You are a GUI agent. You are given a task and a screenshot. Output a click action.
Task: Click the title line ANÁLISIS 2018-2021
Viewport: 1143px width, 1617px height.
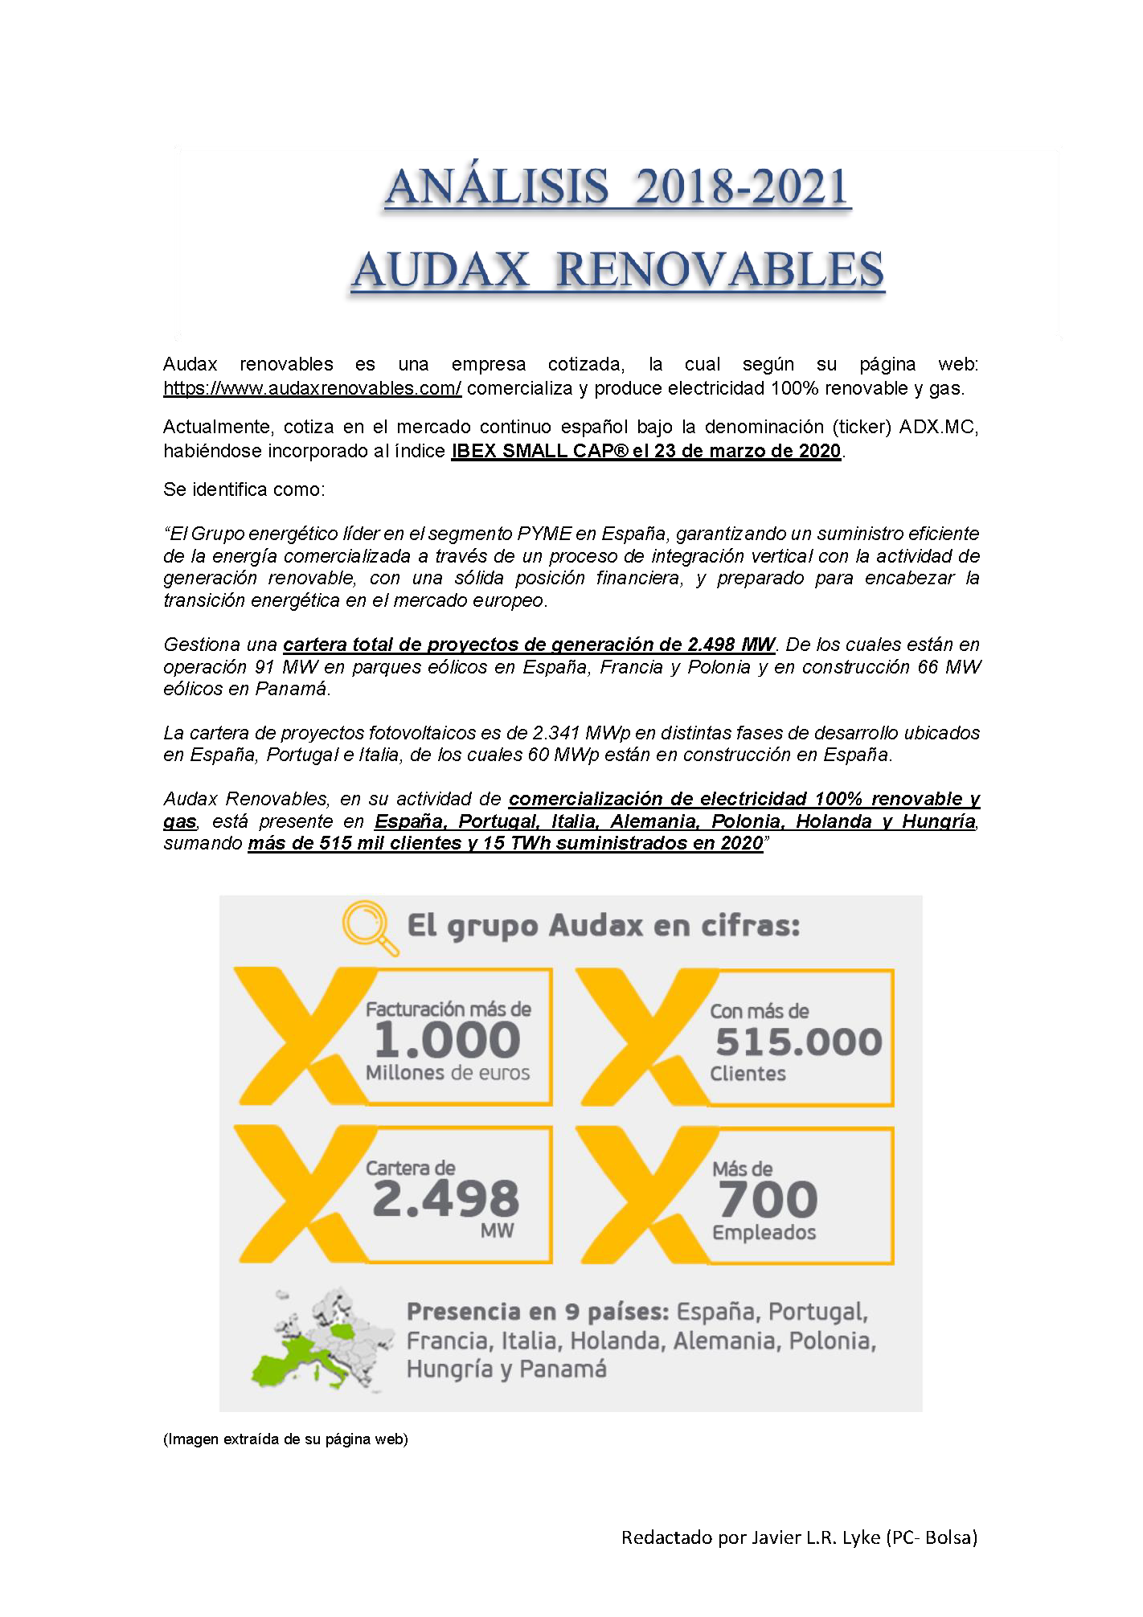pyautogui.click(x=617, y=186)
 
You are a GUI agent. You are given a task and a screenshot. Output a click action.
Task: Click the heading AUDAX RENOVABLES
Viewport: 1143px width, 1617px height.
pyautogui.click(x=617, y=269)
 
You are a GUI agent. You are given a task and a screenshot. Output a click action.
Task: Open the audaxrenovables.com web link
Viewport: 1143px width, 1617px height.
pyautogui.click(x=312, y=389)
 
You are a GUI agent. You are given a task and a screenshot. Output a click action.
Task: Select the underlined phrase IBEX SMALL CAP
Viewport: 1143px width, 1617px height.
pyautogui.click(x=539, y=452)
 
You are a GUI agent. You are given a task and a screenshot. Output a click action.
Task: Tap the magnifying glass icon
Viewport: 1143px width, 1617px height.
pyautogui.click(x=369, y=927)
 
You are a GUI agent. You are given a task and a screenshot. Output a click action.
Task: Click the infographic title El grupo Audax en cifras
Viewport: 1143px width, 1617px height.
pyautogui.click(x=604, y=926)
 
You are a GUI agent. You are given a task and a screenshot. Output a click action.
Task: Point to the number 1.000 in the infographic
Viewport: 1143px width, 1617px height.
pyautogui.click(x=448, y=1040)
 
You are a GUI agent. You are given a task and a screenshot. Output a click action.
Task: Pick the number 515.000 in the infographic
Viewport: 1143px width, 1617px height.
pyautogui.click(x=799, y=1042)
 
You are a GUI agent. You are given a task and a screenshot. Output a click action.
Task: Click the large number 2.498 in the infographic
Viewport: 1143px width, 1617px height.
pyautogui.click(x=446, y=1198)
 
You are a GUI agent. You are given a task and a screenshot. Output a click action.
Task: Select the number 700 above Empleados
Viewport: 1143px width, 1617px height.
pyautogui.click(x=768, y=1200)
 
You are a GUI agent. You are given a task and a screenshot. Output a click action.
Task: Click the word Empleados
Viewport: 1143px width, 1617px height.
pyautogui.click(x=764, y=1233)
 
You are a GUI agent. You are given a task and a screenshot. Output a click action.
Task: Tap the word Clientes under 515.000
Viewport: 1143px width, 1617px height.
pyautogui.click(x=748, y=1075)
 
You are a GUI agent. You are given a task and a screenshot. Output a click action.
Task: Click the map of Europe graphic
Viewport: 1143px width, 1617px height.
pyautogui.click(x=322, y=1339)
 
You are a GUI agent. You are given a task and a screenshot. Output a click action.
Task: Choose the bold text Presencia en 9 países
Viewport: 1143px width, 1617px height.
pyautogui.click(x=538, y=1312)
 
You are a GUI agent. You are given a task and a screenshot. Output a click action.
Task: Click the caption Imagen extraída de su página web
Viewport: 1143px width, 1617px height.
pyautogui.click(x=285, y=1439)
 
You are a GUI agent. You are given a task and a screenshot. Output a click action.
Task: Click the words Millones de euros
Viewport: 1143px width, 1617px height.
pyautogui.click(x=448, y=1073)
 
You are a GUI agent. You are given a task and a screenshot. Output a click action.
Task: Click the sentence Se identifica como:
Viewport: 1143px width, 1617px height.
pyautogui.click(x=244, y=489)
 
